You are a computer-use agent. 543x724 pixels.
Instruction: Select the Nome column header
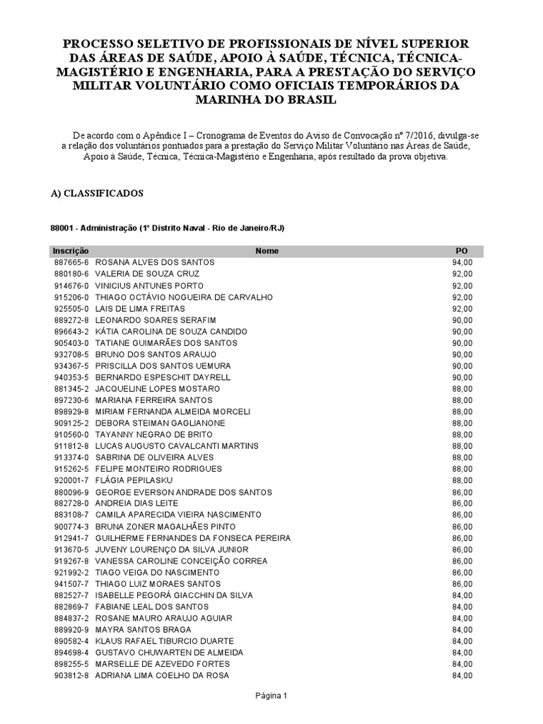267,251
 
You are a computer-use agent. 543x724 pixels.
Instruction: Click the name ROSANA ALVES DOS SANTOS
155,262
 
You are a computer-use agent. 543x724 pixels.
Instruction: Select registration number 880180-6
71,274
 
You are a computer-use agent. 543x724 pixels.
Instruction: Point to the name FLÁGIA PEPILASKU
134,480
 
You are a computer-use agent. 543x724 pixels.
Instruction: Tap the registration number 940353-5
71,377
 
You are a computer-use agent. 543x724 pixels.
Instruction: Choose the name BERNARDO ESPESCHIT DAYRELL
163,377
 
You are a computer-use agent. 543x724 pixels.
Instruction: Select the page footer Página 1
271,696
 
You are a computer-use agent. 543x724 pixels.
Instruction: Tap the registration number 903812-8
71,675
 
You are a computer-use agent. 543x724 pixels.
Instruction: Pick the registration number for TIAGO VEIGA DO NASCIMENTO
71,572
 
